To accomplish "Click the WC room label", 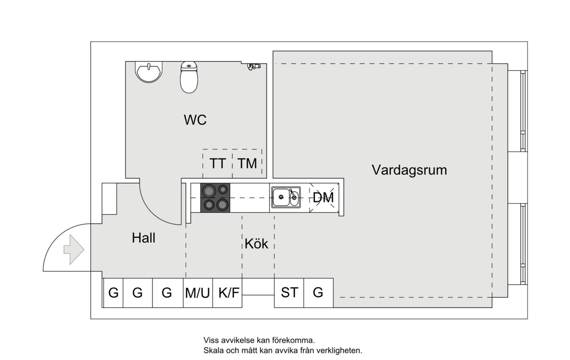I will pyautogui.click(x=195, y=120).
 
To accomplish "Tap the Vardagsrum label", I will pyautogui.click(x=409, y=170).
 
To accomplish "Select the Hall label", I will pyautogui.click(x=144, y=238).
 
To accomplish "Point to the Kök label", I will pyautogui.click(x=256, y=244).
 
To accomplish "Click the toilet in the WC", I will pyautogui.click(x=189, y=77).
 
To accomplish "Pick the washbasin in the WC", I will pyautogui.click(x=149, y=72).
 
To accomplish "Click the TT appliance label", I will pyautogui.click(x=218, y=164).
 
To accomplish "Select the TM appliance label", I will pyautogui.click(x=247, y=164).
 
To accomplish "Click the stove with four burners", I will pyautogui.click(x=215, y=198).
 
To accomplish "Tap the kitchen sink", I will pyautogui.click(x=285, y=197).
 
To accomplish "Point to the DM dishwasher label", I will pyautogui.click(x=323, y=198).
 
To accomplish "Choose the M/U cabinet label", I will pyautogui.click(x=198, y=293).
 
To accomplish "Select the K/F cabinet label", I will pyautogui.click(x=229, y=293).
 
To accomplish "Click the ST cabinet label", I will pyautogui.click(x=289, y=292).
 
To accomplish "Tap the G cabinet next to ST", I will pyautogui.click(x=318, y=292).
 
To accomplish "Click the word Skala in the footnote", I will pyautogui.click(x=214, y=351).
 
